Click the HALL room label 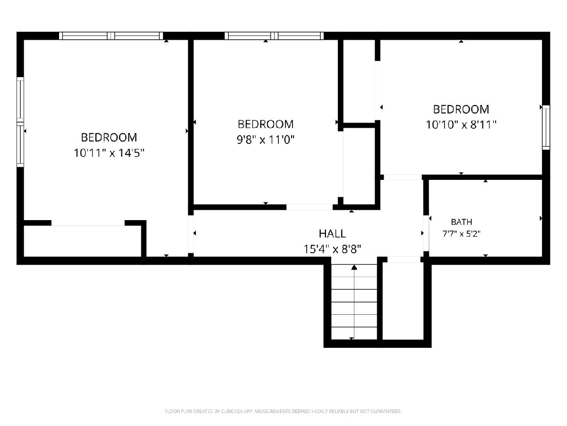(x=332, y=233)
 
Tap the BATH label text (x=461, y=222)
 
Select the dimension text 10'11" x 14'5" (x=109, y=153)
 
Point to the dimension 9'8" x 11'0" (x=266, y=140)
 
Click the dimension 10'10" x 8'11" (x=461, y=124)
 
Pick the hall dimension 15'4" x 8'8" (x=332, y=249)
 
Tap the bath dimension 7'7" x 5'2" (x=461, y=234)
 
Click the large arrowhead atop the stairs (x=354, y=267)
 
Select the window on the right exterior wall (x=546, y=127)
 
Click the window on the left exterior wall (x=20, y=122)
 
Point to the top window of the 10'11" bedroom (x=111, y=35)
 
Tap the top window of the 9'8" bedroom (x=274, y=35)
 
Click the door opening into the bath (x=426, y=233)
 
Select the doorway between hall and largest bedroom (x=190, y=234)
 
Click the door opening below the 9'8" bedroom (x=309, y=207)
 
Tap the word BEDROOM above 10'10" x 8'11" (x=461, y=109)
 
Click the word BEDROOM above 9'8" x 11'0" (x=266, y=124)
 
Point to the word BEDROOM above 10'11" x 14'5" (x=109, y=137)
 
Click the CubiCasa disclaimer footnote (x=283, y=411)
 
